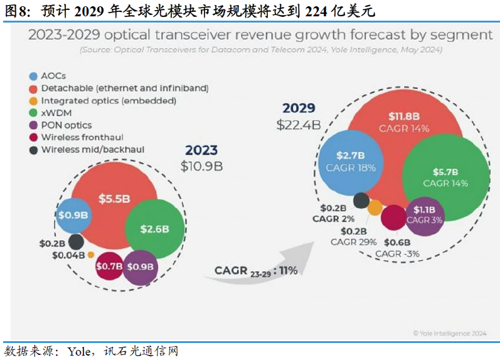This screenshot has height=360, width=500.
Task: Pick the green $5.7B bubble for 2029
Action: [445, 177]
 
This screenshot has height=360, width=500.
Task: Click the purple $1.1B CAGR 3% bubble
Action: [425, 216]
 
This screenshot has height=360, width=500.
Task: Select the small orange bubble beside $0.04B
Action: [91, 255]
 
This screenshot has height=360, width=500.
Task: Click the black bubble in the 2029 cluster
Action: [361, 200]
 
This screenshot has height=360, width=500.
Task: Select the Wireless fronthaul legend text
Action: [82, 137]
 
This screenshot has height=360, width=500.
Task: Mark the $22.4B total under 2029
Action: [299, 125]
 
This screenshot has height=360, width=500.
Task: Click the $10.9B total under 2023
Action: [201, 166]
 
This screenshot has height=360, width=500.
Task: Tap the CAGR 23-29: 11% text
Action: [256, 270]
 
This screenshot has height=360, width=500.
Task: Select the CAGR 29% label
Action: [354, 241]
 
